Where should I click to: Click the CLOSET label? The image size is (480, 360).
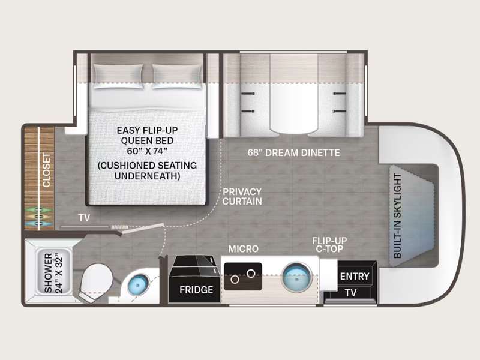pyautogui.click(x=47, y=170)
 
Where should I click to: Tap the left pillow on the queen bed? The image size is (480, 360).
pyautogui.click(x=118, y=76)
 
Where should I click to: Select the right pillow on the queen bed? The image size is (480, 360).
pyautogui.click(x=177, y=76)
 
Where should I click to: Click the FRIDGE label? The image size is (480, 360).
pyautogui.click(x=196, y=290)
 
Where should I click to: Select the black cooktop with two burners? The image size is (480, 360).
pyautogui.click(x=243, y=276)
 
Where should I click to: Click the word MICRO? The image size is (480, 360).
pyautogui.click(x=244, y=249)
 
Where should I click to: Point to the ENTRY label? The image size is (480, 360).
pyautogui.click(x=355, y=276)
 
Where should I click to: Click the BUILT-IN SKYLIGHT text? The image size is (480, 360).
pyautogui.click(x=397, y=216)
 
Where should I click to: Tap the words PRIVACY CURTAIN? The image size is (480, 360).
pyautogui.click(x=242, y=197)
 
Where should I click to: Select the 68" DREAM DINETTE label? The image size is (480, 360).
pyautogui.click(x=293, y=152)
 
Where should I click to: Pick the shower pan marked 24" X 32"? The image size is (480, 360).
pyautogui.click(x=54, y=272)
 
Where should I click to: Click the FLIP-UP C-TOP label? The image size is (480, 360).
pyautogui.click(x=329, y=245)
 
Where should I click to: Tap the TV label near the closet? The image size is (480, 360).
pyautogui.click(x=84, y=218)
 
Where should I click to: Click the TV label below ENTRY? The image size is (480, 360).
pyautogui.click(x=351, y=293)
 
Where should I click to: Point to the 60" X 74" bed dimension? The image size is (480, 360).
pyautogui.click(x=147, y=151)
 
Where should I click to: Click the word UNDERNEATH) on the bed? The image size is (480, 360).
pyautogui.click(x=147, y=176)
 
